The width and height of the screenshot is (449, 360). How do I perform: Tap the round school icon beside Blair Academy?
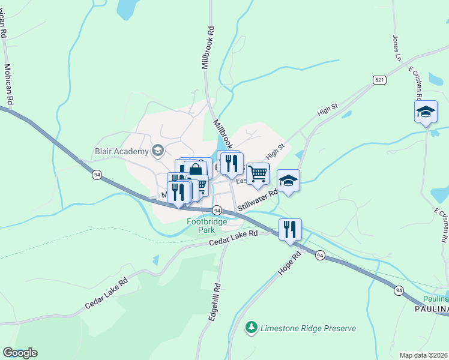click(x=158, y=151)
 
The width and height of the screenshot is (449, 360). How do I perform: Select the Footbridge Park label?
click(x=206, y=226)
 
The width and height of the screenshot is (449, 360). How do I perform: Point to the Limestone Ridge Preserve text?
click(x=309, y=328)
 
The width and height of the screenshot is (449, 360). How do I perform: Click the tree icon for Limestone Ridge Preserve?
click(x=252, y=328)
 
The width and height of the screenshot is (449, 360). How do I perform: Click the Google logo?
click(x=20, y=353)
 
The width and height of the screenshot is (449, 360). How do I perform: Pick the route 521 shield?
click(x=379, y=80)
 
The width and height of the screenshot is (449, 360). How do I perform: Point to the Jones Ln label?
click(x=396, y=48)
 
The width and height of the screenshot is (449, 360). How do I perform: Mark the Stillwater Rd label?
click(x=258, y=200)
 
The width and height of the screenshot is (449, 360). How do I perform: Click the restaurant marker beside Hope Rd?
click(x=290, y=229)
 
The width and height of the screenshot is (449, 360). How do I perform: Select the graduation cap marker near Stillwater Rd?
click(x=288, y=181)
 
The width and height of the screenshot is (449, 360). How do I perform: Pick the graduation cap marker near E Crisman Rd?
click(x=426, y=112)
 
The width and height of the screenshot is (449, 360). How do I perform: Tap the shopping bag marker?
click(x=196, y=170)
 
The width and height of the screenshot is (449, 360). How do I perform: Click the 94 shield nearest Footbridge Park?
click(x=217, y=211)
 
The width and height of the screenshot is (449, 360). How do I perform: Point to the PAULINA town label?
click(x=432, y=309)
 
